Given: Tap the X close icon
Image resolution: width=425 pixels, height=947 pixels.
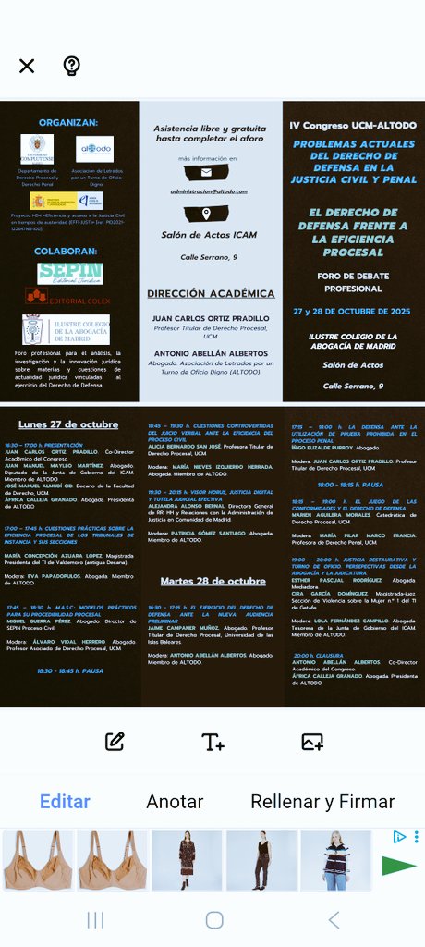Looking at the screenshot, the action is point(27,66).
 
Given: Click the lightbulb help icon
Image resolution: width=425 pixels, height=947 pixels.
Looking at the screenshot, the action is point(71,66).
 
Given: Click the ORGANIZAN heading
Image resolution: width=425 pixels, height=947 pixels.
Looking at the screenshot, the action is point(67,121).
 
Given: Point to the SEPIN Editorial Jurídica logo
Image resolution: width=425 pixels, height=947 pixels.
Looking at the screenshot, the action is point(70,273).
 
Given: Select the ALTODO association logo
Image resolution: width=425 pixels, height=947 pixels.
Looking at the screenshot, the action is point(94,148).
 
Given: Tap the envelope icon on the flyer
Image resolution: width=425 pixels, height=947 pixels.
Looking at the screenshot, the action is point(207,173).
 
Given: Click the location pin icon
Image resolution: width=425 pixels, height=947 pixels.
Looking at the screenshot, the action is point(207,214).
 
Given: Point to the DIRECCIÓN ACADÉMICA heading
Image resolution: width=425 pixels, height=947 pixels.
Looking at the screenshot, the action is point(212,294).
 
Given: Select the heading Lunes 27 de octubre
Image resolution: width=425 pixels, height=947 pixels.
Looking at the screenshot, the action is point(68,424).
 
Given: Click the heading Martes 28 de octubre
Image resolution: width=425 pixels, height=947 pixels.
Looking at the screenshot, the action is point(212,581).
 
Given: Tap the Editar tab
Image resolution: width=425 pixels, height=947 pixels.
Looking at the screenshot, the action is point(65,802).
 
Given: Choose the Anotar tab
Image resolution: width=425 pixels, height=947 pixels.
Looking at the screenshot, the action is point(175,802).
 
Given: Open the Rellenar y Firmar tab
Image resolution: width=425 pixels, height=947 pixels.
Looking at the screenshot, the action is point(322,802).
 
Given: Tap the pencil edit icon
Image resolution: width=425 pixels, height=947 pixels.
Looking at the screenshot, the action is point(115,741).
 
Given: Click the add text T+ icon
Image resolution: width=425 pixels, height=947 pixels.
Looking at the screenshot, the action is point(213,741).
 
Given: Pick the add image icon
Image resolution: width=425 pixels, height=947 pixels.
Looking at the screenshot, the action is point(312,741).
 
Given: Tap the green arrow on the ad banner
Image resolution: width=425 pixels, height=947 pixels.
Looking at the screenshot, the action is point(399,867).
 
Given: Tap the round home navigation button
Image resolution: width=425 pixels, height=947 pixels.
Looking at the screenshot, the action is point(214,919).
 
